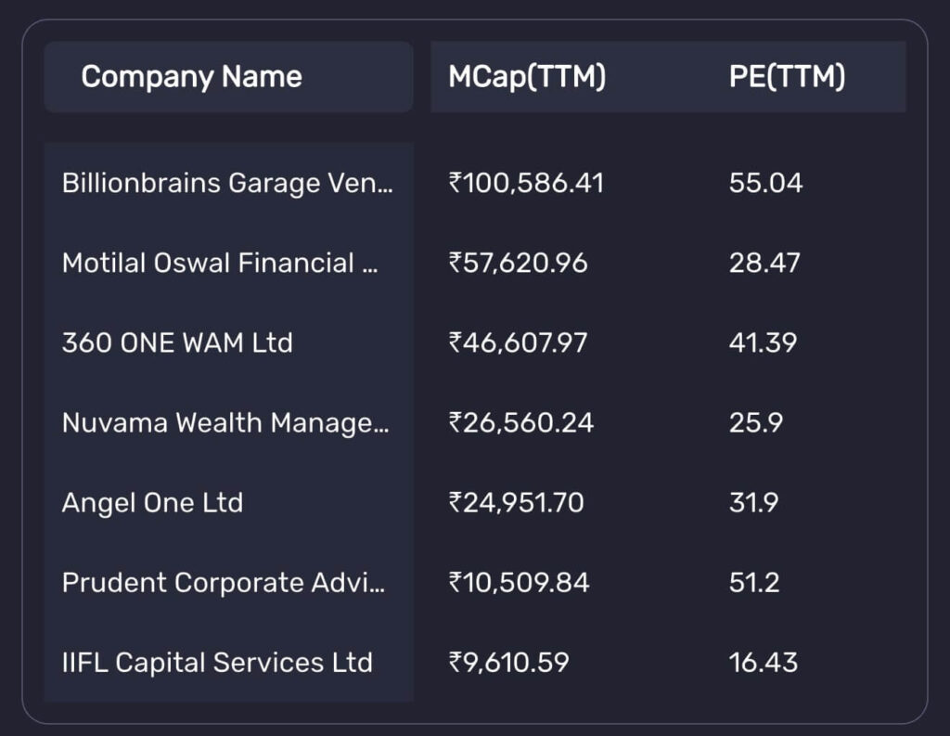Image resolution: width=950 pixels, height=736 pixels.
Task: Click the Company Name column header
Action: [x=191, y=76]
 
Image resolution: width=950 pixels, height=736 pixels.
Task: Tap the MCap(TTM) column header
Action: [x=527, y=76]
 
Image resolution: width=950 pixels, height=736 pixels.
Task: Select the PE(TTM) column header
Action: [x=787, y=76]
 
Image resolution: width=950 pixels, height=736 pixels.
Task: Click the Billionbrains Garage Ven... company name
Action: [x=227, y=183]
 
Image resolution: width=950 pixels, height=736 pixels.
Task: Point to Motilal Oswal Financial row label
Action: [x=221, y=263]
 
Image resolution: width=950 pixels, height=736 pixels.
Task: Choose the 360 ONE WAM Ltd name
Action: [x=177, y=342]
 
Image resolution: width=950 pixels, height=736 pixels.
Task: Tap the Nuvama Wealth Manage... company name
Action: [x=225, y=423]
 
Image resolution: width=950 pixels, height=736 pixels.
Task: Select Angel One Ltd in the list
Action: [x=152, y=503]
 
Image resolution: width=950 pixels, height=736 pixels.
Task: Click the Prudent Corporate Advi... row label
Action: [x=223, y=583]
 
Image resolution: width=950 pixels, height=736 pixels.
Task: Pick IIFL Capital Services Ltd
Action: [x=217, y=663]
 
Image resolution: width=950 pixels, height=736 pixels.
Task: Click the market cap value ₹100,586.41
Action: [x=526, y=183]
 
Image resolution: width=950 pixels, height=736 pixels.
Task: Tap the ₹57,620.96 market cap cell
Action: [x=518, y=263]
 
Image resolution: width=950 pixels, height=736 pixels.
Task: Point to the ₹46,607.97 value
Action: [x=518, y=342]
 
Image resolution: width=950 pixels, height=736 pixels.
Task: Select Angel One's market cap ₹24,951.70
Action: [x=516, y=503]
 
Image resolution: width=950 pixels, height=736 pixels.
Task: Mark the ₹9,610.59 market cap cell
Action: [x=508, y=663]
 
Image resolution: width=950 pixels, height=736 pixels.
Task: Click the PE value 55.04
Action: [x=765, y=183]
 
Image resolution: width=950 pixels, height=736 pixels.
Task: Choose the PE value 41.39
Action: [x=763, y=342]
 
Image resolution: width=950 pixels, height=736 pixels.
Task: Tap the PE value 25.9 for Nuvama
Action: [x=755, y=423]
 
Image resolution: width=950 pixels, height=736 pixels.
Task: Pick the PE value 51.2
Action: [x=753, y=583]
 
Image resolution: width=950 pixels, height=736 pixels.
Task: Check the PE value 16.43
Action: [x=763, y=663]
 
